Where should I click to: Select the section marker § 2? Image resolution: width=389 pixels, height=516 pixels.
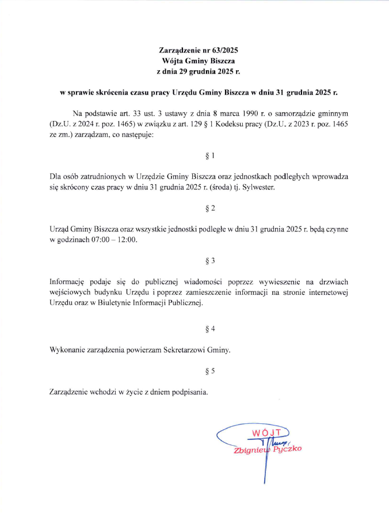pyautogui.click(x=210, y=208)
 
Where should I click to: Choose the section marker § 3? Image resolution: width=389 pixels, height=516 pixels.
pyautogui.click(x=210, y=260)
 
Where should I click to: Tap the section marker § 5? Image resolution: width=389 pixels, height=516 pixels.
pyautogui.click(x=210, y=370)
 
